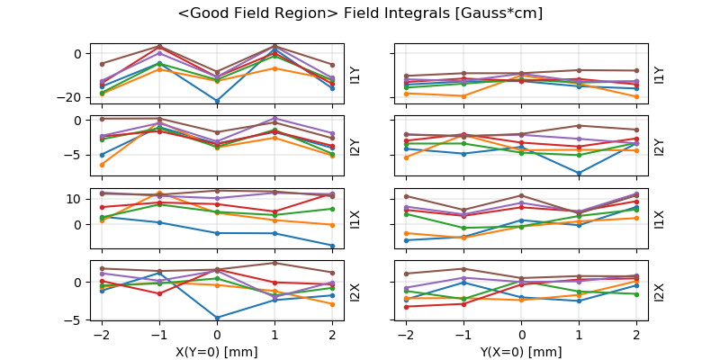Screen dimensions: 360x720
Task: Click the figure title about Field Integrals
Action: [x=360, y=13]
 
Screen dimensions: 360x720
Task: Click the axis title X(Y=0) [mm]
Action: [x=217, y=352]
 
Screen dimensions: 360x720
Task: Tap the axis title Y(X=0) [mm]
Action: [x=522, y=352]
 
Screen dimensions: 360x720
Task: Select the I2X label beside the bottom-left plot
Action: [x=354, y=291]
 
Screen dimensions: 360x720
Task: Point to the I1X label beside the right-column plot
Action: [x=659, y=218]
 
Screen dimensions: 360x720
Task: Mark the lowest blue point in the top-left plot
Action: [x=217, y=101]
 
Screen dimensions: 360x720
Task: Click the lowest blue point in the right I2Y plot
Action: [x=580, y=173]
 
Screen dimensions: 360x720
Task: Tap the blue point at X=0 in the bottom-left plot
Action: [x=217, y=318]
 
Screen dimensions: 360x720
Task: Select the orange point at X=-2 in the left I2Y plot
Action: [x=102, y=165]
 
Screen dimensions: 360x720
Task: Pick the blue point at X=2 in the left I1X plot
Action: [x=333, y=246]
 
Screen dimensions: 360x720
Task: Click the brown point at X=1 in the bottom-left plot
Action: [x=274, y=263]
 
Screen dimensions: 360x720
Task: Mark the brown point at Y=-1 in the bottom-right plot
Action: [x=464, y=268]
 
